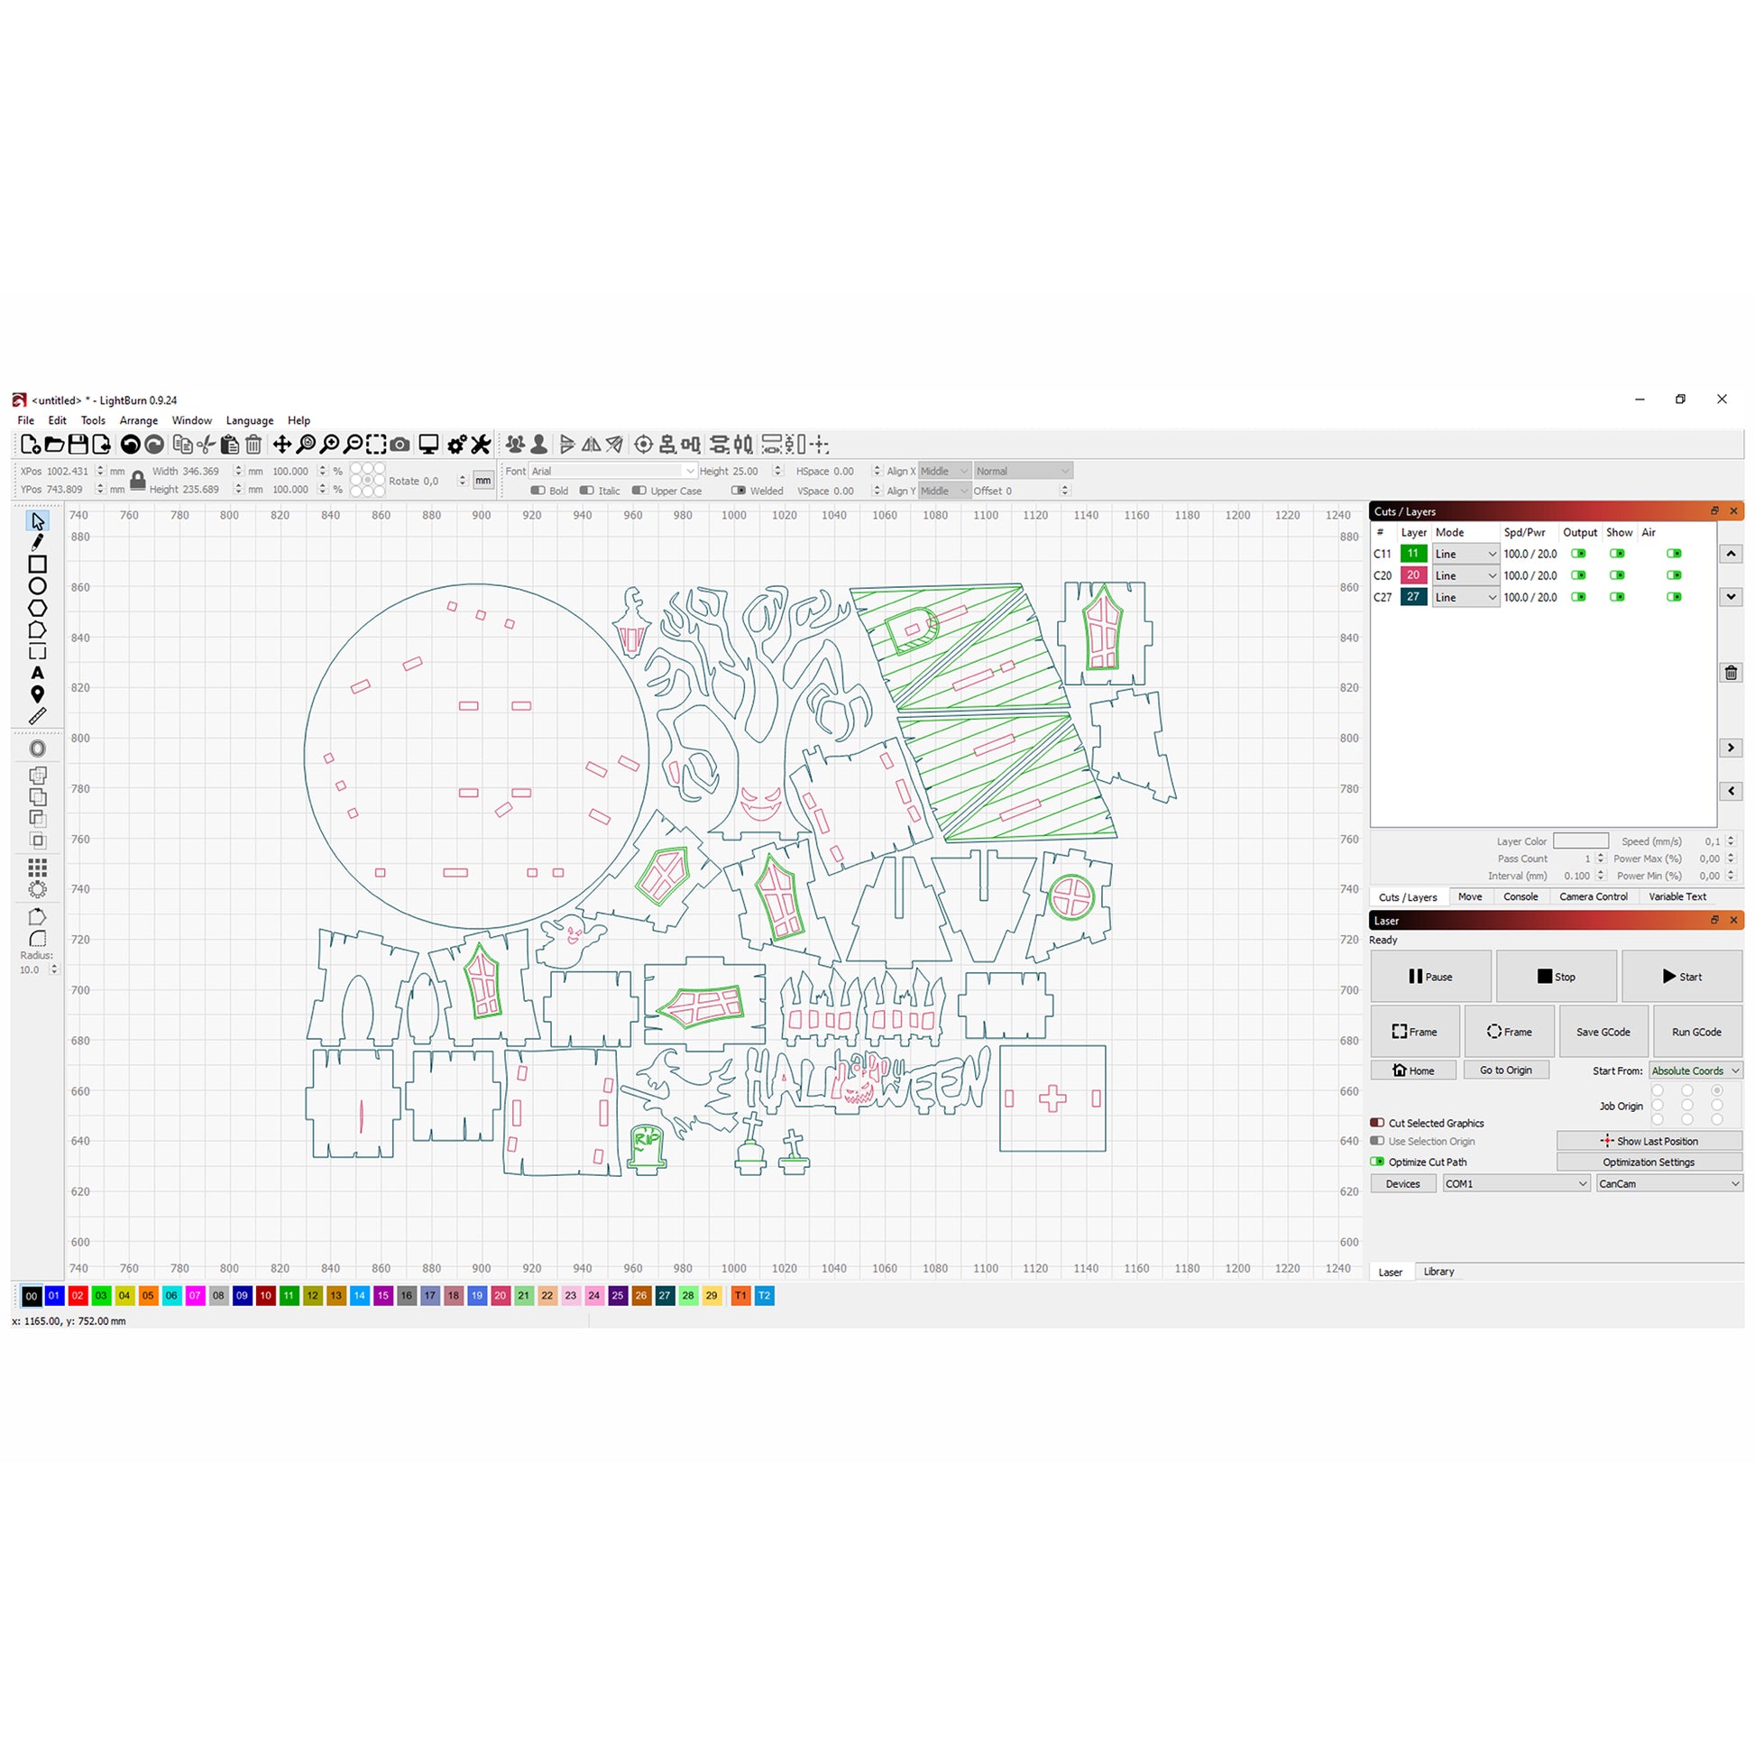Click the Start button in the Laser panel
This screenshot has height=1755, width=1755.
(x=1681, y=977)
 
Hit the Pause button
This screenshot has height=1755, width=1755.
(x=1430, y=977)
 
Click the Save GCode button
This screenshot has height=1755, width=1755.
(x=1603, y=1032)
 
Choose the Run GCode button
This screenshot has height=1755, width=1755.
(x=1697, y=1032)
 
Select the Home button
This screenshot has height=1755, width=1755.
(x=1413, y=1070)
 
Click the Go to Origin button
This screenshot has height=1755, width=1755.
(x=1506, y=1070)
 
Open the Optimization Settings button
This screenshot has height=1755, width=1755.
(x=1649, y=1162)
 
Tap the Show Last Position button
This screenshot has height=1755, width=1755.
(x=1649, y=1141)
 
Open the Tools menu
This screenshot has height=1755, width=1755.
(x=93, y=420)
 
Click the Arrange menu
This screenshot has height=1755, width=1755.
(x=139, y=420)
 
